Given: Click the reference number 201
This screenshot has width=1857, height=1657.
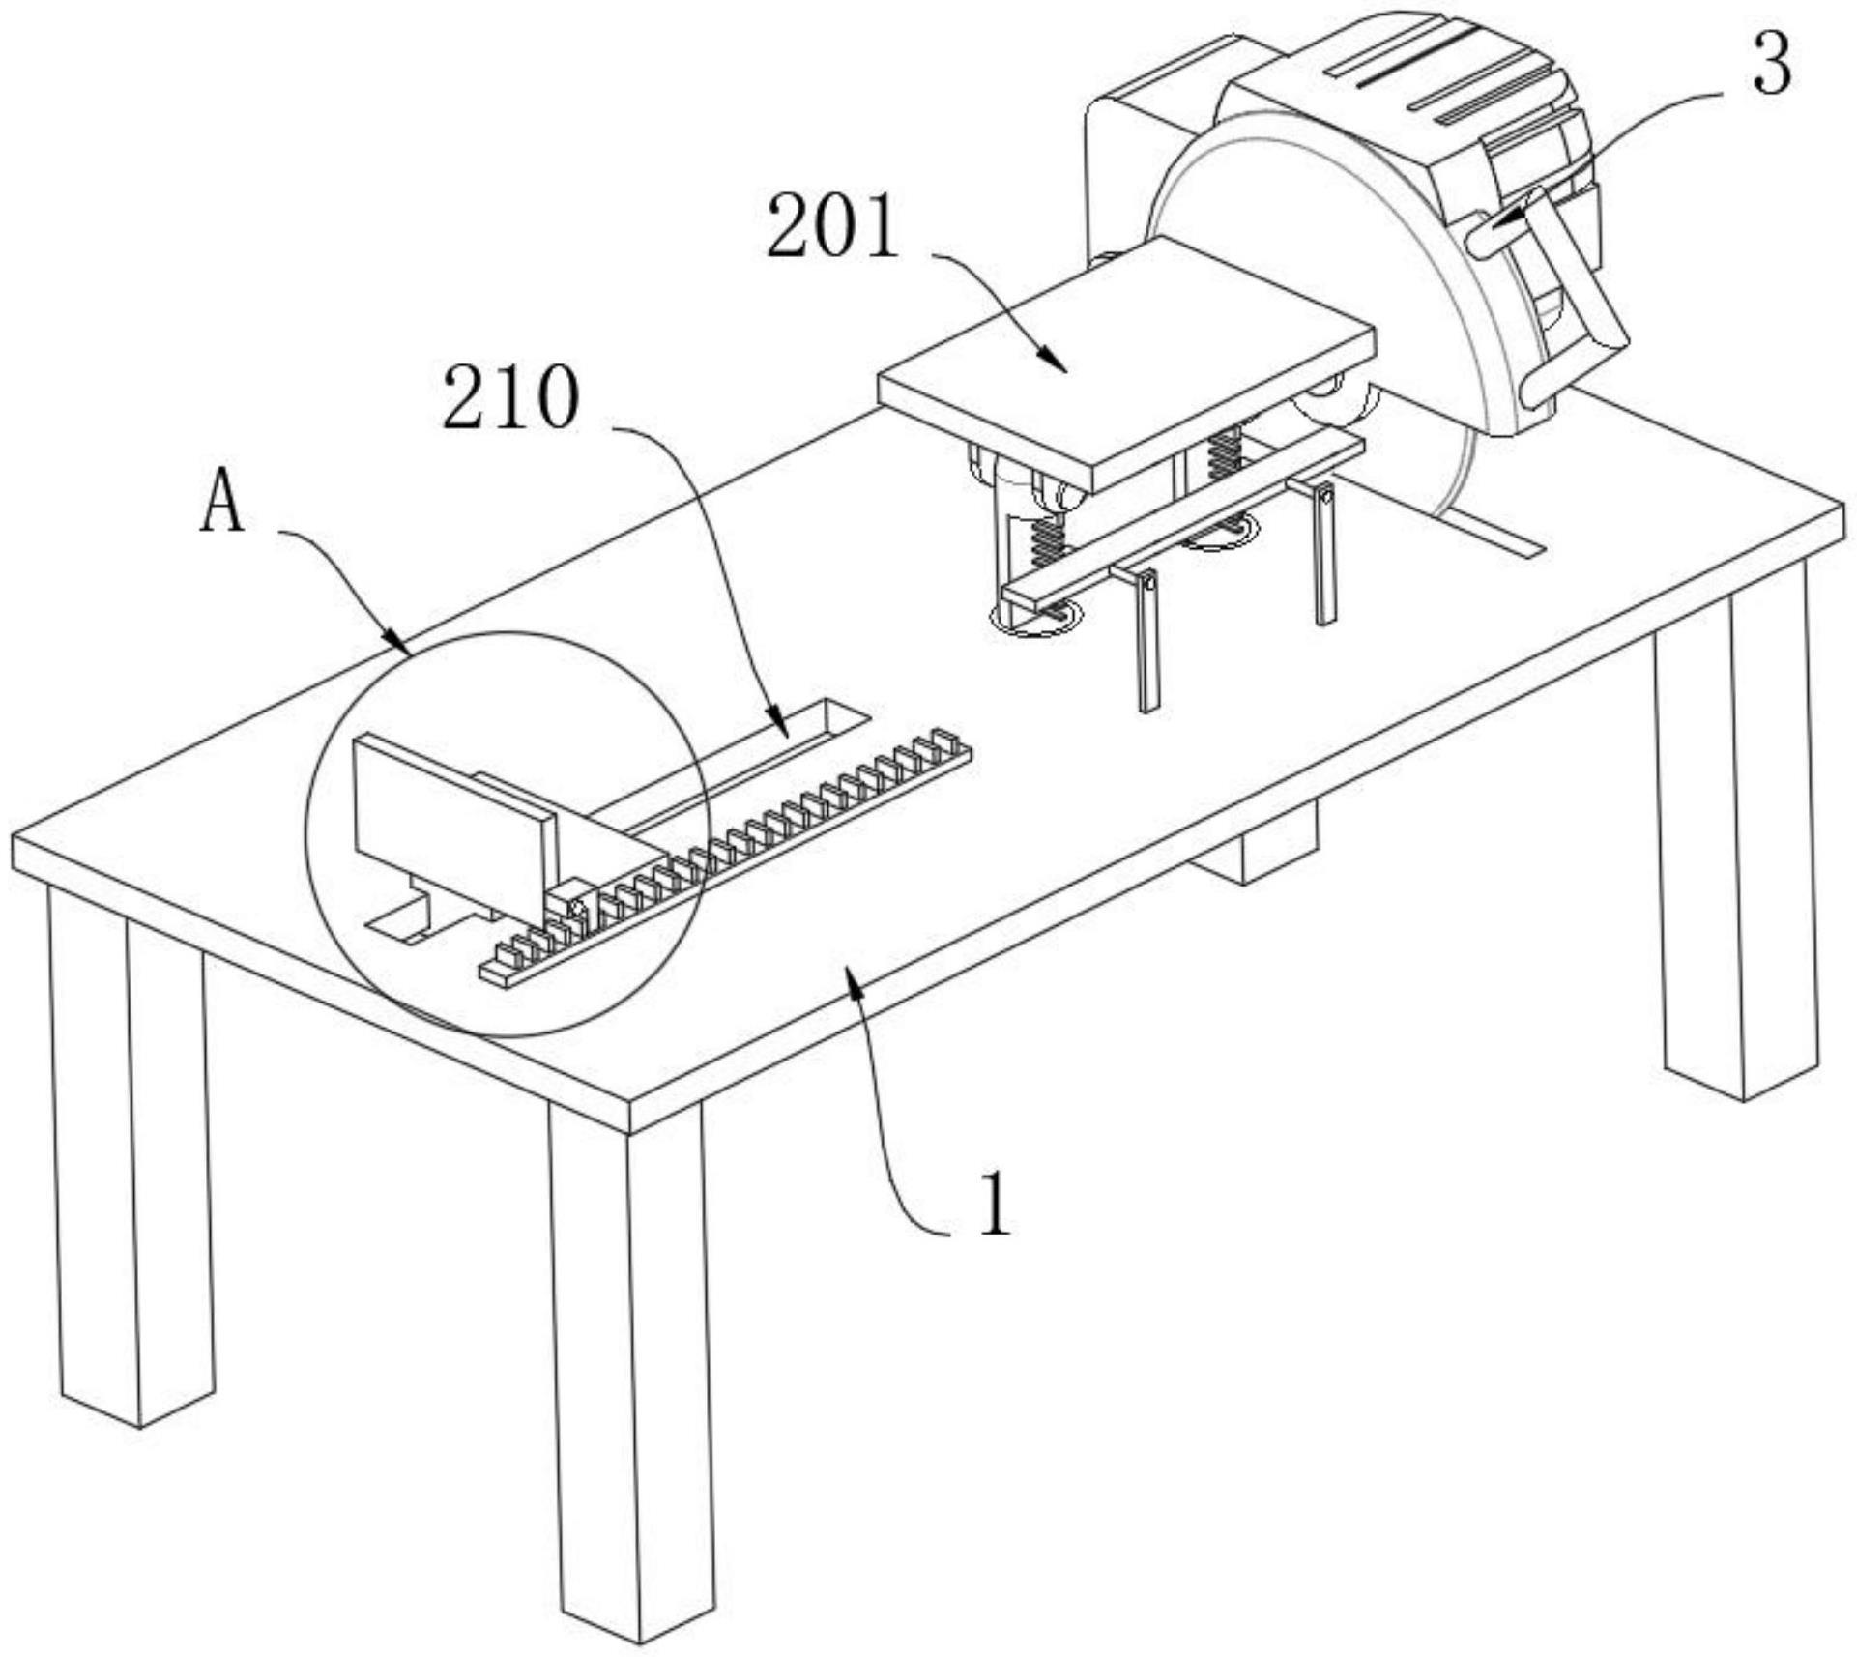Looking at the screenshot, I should (x=833, y=226).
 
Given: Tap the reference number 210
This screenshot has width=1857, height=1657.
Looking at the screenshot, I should (x=511, y=398).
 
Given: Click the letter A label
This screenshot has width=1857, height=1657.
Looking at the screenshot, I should (x=222, y=505).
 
